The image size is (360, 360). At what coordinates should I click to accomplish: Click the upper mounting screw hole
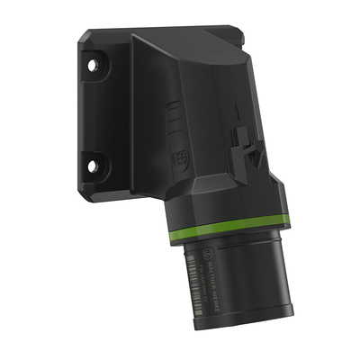93,68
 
